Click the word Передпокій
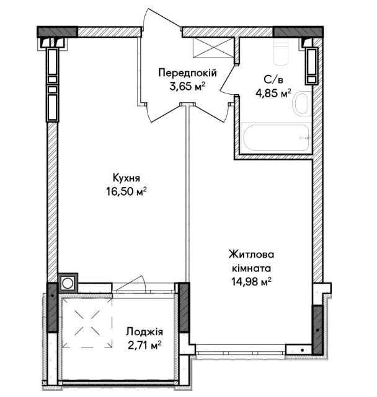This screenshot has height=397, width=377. coord(187,73)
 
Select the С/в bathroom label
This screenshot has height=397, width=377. coord(273,80)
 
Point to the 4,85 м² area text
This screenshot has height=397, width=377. coord(273,93)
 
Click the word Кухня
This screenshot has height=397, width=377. coord(126,178)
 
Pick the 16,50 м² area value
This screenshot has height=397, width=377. coord(126,191)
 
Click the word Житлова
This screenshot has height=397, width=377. coord(251,254)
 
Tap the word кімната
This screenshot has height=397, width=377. coord(251,268)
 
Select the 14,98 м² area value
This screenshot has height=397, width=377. coord(251,281)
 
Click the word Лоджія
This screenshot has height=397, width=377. coord(144,331)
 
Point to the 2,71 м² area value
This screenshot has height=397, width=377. coord(144,345)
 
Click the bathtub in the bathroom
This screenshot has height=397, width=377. coord(276,137)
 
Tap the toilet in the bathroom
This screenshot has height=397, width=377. coord(281,51)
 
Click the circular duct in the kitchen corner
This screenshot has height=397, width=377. coord(68,283)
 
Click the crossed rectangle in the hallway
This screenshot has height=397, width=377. coord(213,47)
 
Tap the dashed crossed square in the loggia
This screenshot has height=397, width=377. coord(87,322)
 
